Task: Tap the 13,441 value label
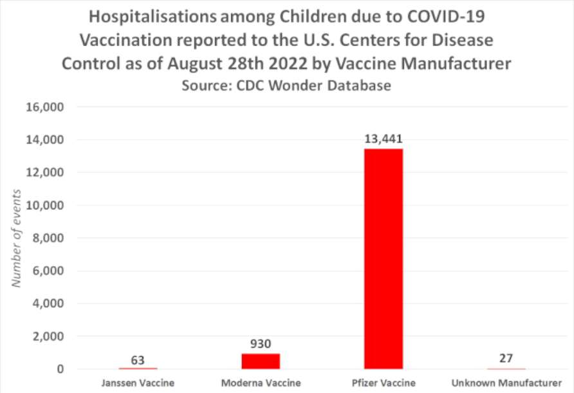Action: click(x=384, y=139)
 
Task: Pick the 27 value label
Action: click(x=506, y=358)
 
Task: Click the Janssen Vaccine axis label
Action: click(x=138, y=383)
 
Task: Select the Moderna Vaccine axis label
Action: click(x=261, y=383)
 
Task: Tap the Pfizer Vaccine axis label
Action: click(x=384, y=383)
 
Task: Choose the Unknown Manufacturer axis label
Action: click(x=506, y=383)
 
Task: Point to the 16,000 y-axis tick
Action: click(x=44, y=107)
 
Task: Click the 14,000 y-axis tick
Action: click(x=44, y=140)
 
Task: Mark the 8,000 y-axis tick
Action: click(x=47, y=238)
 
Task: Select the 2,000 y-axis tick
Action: click(x=47, y=336)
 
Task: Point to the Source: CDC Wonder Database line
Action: click(x=286, y=86)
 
